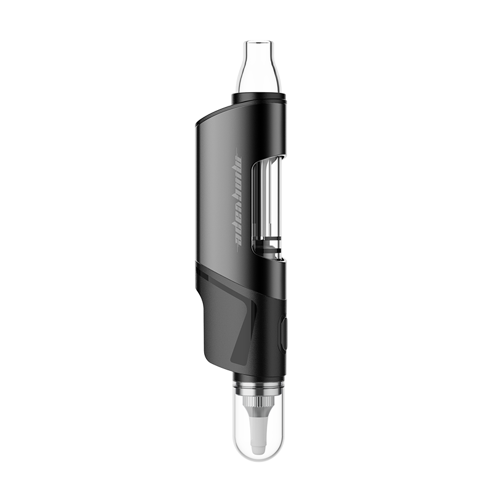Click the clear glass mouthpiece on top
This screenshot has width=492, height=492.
click(258, 68)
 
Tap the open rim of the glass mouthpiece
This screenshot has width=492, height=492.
click(258, 42)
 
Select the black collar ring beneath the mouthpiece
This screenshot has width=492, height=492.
click(258, 98)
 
